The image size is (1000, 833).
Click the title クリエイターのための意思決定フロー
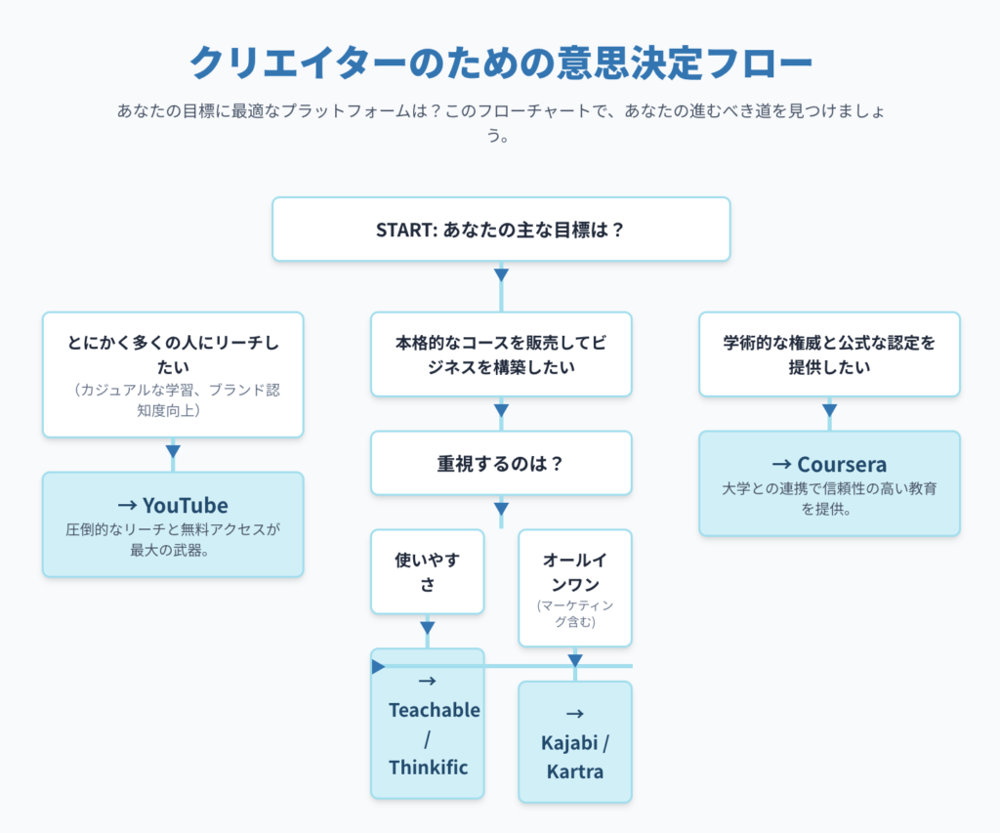click(x=501, y=62)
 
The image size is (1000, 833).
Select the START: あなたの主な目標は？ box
click(x=501, y=229)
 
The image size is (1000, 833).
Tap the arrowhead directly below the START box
click(x=501, y=275)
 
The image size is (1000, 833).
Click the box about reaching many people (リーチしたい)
click(x=173, y=374)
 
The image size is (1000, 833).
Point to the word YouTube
click(x=185, y=505)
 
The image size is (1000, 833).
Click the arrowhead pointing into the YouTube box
click(x=173, y=451)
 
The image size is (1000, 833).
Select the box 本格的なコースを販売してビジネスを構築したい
click(x=501, y=354)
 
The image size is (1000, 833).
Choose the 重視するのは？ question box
click(x=501, y=463)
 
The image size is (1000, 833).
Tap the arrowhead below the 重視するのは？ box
click(x=501, y=509)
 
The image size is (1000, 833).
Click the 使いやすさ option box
click(x=428, y=571)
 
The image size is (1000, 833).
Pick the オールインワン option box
click(x=575, y=588)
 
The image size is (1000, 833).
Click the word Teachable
click(x=435, y=710)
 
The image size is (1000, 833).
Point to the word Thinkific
click(x=429, y=768)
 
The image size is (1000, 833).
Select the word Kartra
click(x=574, y=771)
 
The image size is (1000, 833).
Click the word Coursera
click(x=842, y=464)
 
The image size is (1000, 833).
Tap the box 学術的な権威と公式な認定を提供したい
click(x=830, y=354)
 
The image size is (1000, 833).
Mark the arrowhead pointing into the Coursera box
click(x=830, y=410)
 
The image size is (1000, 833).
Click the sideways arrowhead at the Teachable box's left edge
click(x=378, y=667)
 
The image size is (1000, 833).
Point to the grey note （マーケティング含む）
click(x=575, y=613)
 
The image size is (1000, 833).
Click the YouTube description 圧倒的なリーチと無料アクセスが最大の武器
click(x=173, y=540)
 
